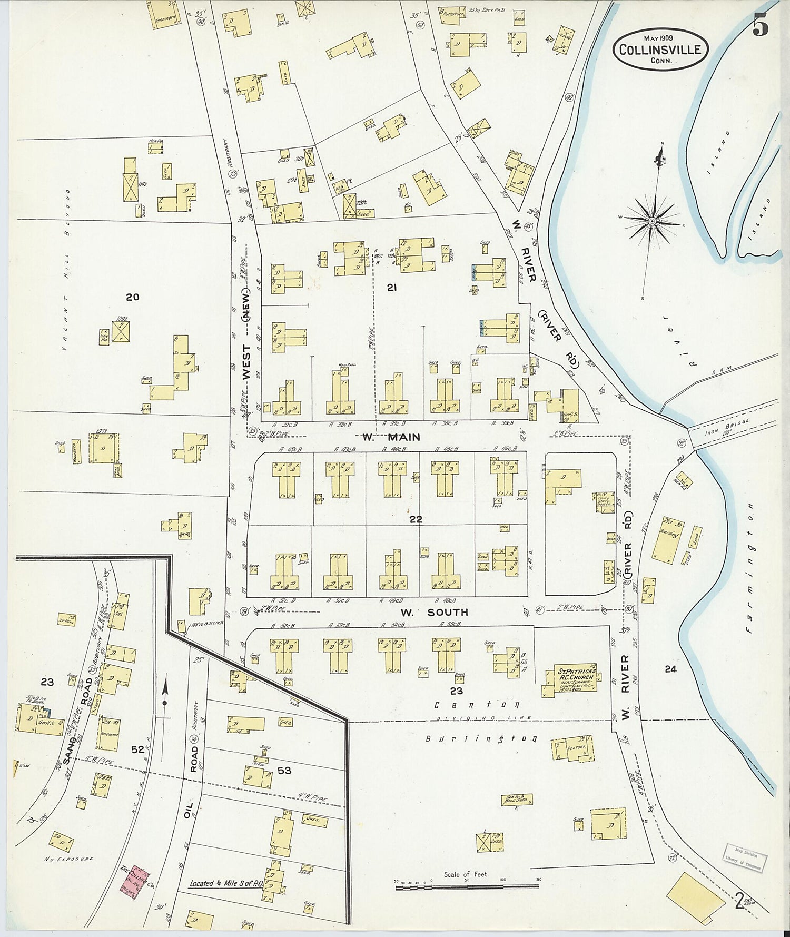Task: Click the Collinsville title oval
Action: [660, 48]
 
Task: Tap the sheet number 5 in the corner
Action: [760, 24]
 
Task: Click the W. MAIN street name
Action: [391, 437]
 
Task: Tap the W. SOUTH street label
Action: [433, 612]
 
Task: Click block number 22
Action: [416, 519]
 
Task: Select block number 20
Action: [132, 297]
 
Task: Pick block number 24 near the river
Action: [670, 669]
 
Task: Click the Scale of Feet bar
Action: [467, 887]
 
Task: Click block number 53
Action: [284, 771]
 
